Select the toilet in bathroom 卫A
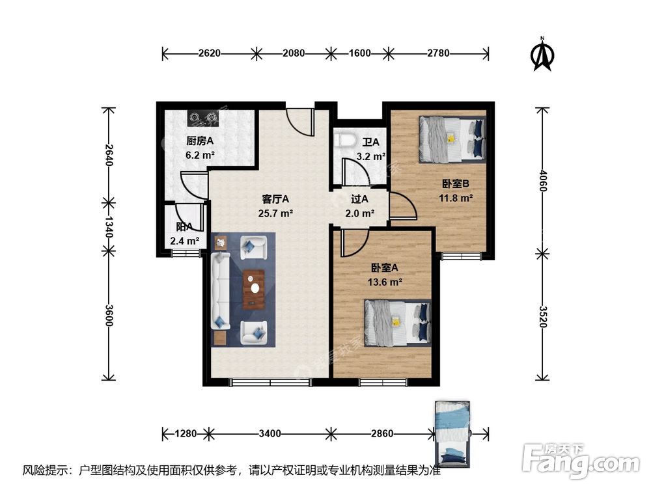tap(344, 140)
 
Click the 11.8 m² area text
tap(457, 199)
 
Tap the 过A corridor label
tap(359, 200)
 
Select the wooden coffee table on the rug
tap(255, 290)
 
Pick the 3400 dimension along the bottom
tap(269, 433)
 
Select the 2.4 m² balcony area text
tap(184, 241)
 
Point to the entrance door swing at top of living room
tap(301, 120)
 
